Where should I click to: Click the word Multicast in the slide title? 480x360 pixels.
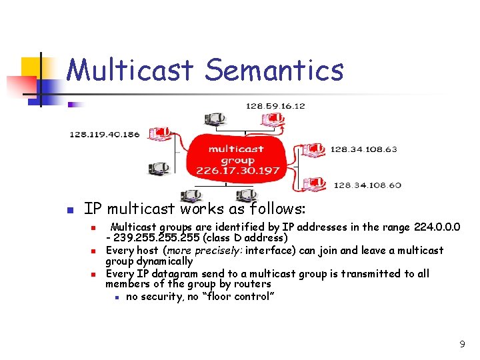tap(131, 71)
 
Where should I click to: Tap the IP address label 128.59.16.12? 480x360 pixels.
tap(275, 106)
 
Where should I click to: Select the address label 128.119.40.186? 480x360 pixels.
tap(105, 134)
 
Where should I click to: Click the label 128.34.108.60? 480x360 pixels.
tap(367, 185)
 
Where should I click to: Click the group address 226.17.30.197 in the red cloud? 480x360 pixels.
tap(237, 171)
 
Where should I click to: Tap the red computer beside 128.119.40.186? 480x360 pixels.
tap(160, 134)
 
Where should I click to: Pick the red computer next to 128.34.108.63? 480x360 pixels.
tap(313, 149)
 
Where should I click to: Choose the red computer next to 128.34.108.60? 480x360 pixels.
tap(315, 183)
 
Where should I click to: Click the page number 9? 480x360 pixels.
tap(461, 344)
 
